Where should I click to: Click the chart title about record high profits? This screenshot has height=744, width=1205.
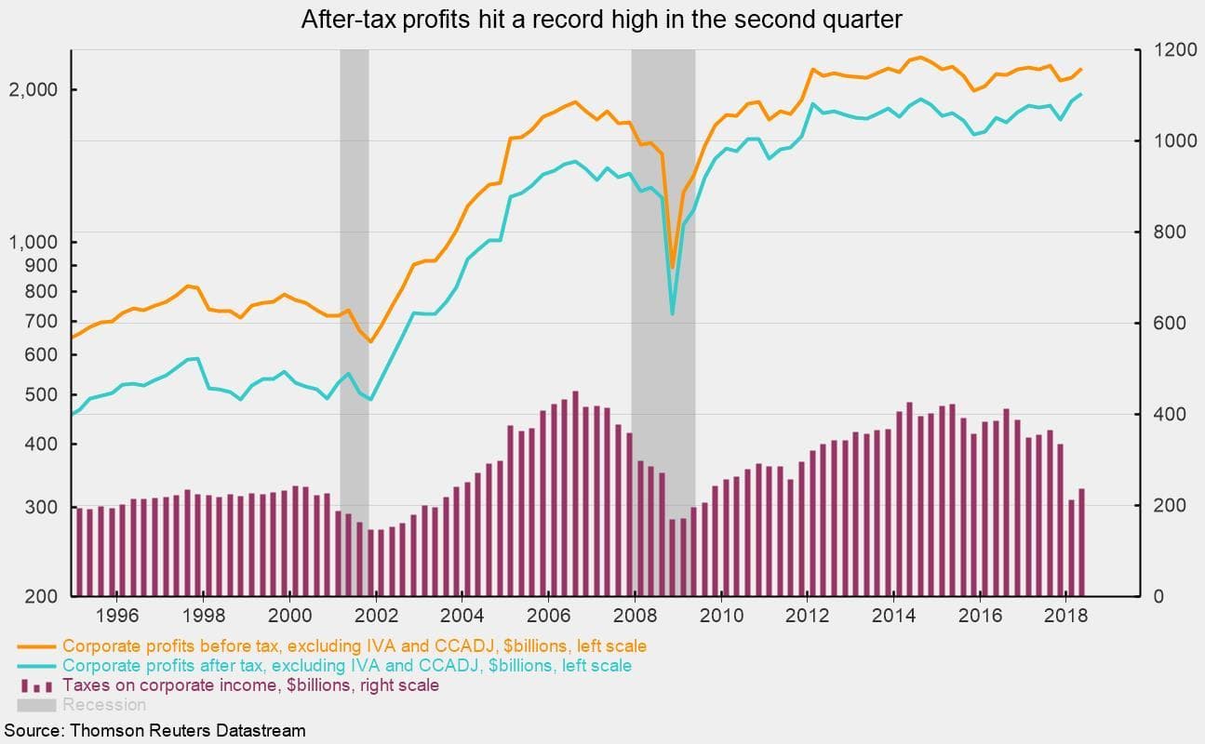pos(601,20)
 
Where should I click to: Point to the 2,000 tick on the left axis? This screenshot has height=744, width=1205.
pos(35,89)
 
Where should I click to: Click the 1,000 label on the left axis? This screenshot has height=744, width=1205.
pos(33,242)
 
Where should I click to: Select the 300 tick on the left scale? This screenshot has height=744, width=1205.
pos(43,508)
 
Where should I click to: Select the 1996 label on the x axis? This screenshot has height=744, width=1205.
pos(117,616)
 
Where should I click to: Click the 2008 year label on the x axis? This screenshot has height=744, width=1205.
pos(635,616)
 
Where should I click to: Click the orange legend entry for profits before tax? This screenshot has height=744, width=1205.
pos(354,645)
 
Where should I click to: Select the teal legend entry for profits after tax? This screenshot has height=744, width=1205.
pos(346,666)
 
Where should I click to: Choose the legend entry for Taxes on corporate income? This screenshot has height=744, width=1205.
pos(250,685)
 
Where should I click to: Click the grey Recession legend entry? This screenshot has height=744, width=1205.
pos(103,705)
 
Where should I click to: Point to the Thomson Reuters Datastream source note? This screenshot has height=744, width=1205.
pos(154,730)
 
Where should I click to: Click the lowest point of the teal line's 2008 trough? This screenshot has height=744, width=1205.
pos(673,314)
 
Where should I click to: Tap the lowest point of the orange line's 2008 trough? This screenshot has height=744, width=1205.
pos(673,268)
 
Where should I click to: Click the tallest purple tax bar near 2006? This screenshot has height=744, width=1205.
pos(575,493)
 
